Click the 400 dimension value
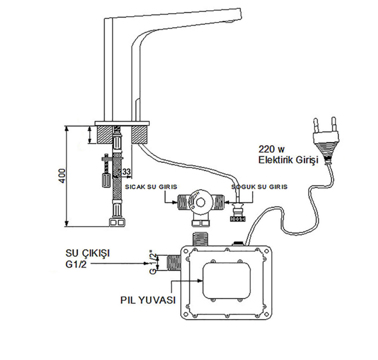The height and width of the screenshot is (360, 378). tap(62, 176)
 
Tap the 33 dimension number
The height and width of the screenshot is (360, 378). tap(125, 172)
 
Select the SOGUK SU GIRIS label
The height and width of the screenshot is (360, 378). tap(259, 187)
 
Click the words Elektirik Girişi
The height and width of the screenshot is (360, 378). tap(288, 160)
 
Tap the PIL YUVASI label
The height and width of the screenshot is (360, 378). tap(148, 300)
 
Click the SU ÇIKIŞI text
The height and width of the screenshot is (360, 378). tap(88, 253)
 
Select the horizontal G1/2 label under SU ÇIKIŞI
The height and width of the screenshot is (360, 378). tap(76, 264)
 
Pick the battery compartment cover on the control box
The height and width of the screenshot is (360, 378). tap(226, 280)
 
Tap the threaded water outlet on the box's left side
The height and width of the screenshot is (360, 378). tap(174, 263)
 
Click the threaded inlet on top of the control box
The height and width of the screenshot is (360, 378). tap(200, 239)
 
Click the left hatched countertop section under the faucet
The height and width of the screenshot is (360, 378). tap(105, 135)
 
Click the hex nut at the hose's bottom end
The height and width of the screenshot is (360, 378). tap(117, 222)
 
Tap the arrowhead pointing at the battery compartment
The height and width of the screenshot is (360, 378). tap(200, 281)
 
